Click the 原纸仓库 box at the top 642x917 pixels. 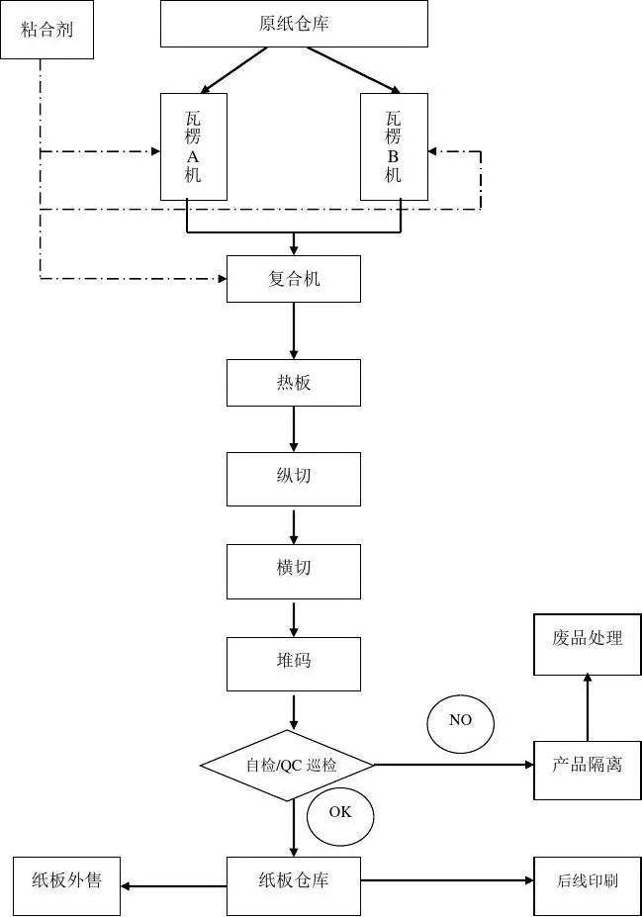(294, 24)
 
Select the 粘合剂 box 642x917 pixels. (47, 30)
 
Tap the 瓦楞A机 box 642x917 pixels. (193, 146)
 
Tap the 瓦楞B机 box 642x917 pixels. (393, 146)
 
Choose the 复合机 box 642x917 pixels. (294, 279)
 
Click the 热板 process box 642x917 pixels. (294, 383)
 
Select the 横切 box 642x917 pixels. (294, 571)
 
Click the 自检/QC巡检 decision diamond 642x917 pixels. (288, 765)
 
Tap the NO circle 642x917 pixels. (460, 721)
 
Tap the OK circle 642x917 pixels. (340, 813)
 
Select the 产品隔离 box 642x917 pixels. (587, 765)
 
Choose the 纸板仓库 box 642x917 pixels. (294, 880)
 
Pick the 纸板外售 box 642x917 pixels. (66, 880)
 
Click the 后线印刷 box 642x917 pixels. (587, 880)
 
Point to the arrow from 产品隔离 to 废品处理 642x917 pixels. (588, 707)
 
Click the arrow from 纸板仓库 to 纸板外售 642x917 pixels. (173, 885)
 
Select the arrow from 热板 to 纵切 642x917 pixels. (294, 429)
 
